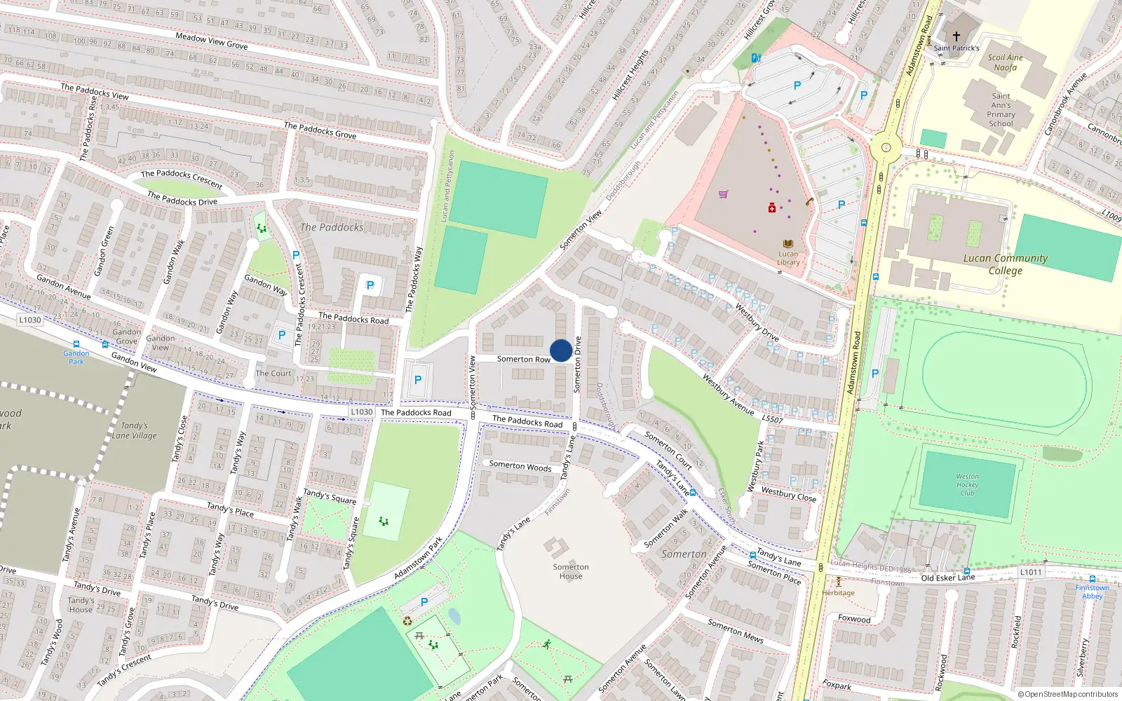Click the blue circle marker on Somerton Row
[x=560, y=350]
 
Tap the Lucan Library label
[x=788, y=258]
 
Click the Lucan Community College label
[x=1005, y=264]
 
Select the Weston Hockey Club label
[x=967, y=484]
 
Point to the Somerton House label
[x=571, y=571]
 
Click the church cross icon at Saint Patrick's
[x=956, y=36]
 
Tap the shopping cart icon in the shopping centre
[x=723, y=194]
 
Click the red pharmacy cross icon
[x=772, y=208]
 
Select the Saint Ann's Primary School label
[x=1001, y=110]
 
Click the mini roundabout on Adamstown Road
[x=886, y=148]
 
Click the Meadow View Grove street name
[x=211, y=41]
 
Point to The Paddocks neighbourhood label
[x=332, y=227]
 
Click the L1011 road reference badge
[x=1030, y=572]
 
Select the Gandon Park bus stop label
[x=76, y=358]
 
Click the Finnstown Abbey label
[x=1092, y=592]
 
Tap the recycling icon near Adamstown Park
[x=407, y=620]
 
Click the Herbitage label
[x=838, y=592]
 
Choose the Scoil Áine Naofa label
[x=1005, y=62]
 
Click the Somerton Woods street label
[x=520, y=465]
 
